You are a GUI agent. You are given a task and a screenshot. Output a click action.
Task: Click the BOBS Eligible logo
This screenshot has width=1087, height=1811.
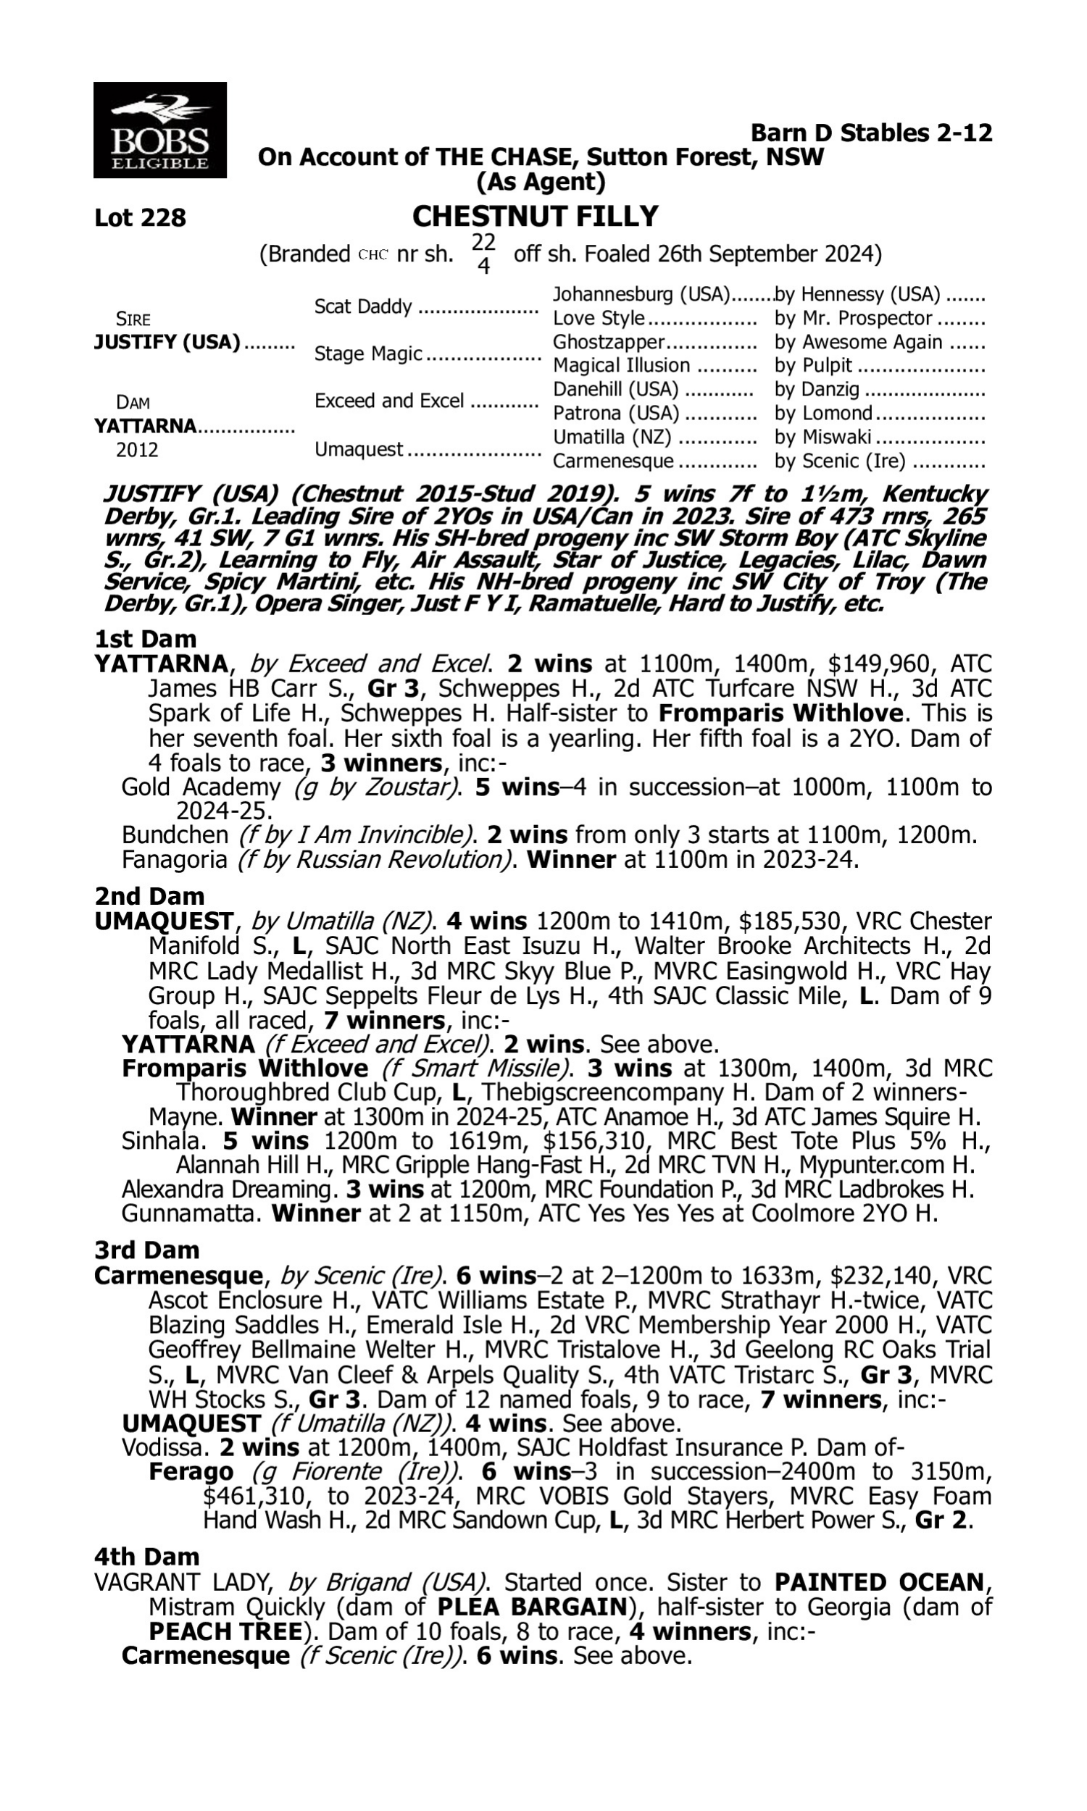point(159,130)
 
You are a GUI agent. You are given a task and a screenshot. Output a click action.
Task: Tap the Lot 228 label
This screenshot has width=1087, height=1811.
point(140,217)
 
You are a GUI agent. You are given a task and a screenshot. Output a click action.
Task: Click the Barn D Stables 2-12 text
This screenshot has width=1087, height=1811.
point(872,133)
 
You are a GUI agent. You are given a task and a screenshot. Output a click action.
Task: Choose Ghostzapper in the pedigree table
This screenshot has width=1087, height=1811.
point(608,342)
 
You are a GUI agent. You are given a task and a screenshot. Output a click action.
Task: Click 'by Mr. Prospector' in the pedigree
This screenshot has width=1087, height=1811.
point(854,319)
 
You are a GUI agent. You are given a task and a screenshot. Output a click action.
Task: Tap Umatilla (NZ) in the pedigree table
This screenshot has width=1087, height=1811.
point(612,437)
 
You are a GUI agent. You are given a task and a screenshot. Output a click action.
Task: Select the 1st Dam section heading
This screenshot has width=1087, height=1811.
point(145,639)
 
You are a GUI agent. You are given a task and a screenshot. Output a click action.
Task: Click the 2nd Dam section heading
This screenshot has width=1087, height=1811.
point(149,896)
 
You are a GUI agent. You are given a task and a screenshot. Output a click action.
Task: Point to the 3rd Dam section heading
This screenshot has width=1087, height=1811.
point(146,1250)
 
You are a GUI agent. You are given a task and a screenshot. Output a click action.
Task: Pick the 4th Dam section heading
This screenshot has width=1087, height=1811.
point(146,1556)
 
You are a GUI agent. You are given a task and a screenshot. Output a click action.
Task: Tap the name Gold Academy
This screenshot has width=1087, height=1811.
point(201,787)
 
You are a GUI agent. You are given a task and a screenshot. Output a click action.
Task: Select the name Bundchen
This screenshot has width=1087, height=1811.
point(175,835)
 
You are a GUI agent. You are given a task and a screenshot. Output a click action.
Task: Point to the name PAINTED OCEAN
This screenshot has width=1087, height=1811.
point(879,1582)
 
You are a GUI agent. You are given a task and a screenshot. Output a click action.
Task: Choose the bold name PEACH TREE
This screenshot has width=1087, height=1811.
point(225,1631)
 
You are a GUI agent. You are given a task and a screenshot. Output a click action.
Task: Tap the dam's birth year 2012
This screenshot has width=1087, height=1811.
point(137,449)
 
